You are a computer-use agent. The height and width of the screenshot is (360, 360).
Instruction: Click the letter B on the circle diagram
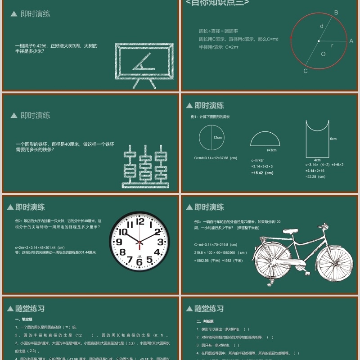click(336, 13)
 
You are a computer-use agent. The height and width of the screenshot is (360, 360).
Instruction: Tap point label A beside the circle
click(351, 41)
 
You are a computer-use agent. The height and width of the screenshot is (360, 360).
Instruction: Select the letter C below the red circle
click(306, 71)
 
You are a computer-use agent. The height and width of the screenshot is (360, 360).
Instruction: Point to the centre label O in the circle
click(323, 54)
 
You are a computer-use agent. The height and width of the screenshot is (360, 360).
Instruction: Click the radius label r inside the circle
click(332, 45)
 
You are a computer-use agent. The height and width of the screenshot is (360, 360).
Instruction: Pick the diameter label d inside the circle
click(321, 26)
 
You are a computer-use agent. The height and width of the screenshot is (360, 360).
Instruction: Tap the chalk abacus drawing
click(145, 167)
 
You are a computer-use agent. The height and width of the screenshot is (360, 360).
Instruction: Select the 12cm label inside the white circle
click(217, 138)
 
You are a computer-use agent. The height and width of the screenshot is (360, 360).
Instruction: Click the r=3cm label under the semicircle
click(271, 150)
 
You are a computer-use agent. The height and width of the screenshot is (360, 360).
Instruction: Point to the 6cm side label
click(333, 139)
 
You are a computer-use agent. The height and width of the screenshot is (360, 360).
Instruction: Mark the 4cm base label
click(317, 160)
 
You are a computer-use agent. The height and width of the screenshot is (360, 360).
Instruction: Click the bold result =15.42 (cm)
click(263, 173)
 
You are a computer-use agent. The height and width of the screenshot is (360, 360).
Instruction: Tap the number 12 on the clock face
click(140, 221)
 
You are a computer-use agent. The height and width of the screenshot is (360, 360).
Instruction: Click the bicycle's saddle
click(291, 231)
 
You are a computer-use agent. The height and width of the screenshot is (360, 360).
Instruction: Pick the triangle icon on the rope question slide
click(14, 14)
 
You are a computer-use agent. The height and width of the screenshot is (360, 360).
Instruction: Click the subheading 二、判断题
click(205, 321)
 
